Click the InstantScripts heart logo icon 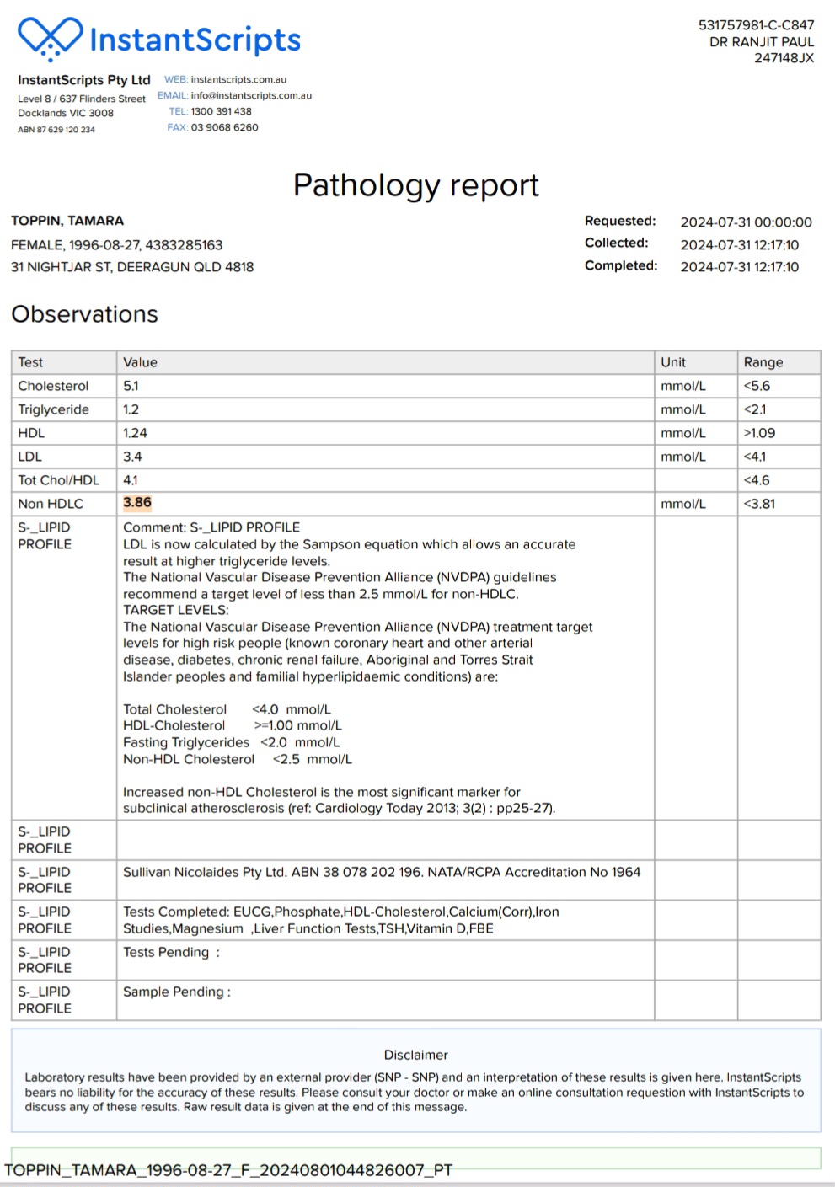51,38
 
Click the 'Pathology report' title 415,185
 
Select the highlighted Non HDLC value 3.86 137,503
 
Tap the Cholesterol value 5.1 131,386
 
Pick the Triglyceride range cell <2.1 755,409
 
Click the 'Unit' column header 673,362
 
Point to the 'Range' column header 763,362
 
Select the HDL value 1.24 135,433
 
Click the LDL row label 29,457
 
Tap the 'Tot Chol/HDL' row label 58,480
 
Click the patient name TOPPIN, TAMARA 67,221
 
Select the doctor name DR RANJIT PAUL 761,42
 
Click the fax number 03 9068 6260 224,128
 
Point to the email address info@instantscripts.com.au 251,95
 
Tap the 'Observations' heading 84,314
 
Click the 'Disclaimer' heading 415,1055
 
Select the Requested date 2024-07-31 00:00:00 746,222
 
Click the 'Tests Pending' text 171,952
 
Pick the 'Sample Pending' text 176,992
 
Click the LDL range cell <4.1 755,457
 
